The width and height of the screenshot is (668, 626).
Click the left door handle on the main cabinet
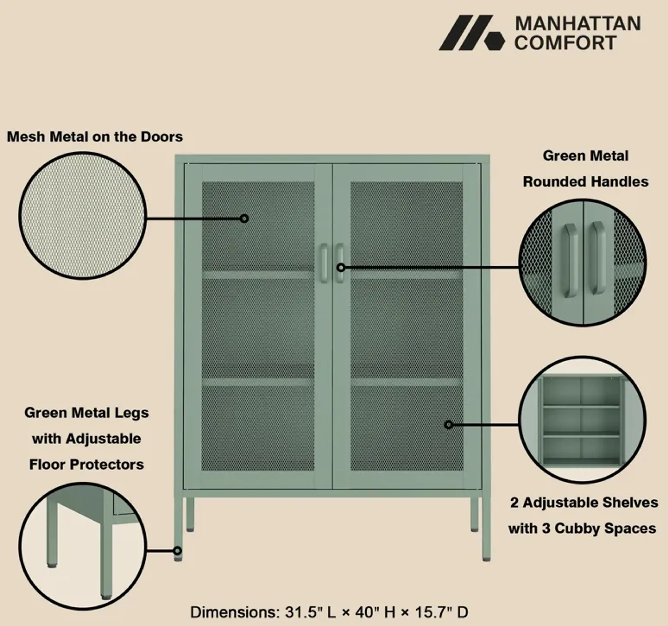[324, 263]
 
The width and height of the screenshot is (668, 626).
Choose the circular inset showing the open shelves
[583, 420]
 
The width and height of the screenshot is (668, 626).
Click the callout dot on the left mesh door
[244, 219]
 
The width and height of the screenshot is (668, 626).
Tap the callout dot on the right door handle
[341, 268]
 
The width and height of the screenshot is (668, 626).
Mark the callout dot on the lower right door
[448, 425]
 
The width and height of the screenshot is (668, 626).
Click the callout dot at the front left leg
[177, 551]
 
